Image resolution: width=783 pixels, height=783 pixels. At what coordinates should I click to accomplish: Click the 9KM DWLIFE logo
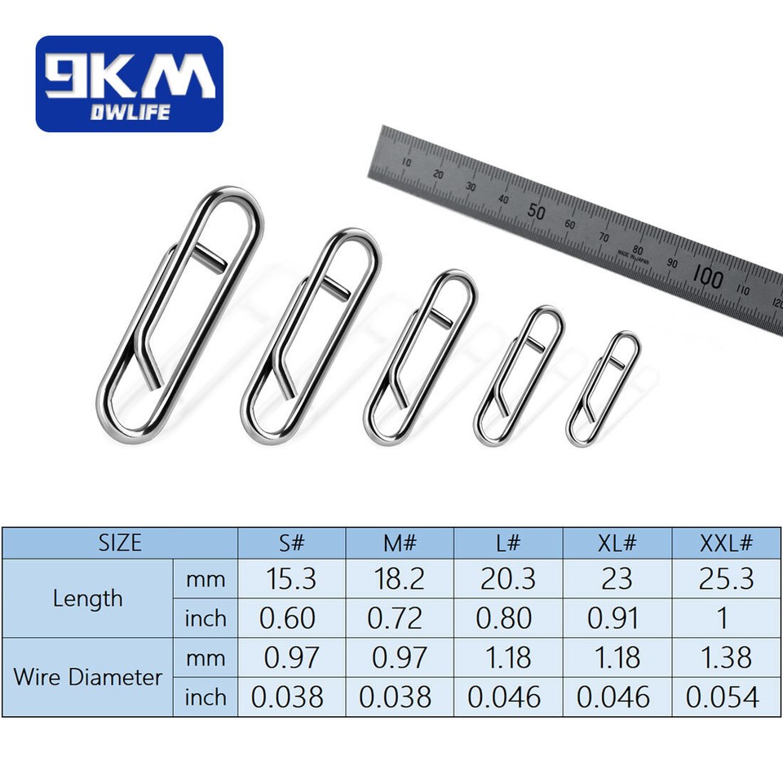(x=129, y=83)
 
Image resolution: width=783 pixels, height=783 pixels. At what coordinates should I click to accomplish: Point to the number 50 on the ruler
(x=535, y=210)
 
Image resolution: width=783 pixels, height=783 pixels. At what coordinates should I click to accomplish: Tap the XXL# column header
(x=726, y=542)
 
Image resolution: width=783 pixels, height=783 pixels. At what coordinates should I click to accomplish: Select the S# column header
(x=291, y=542)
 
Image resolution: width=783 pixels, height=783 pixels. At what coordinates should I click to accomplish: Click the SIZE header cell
(x=120, y=542)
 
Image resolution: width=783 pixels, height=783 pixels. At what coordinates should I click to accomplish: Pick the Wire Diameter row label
(x=87, y=677)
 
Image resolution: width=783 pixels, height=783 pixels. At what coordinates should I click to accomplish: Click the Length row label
(x=87, y=598)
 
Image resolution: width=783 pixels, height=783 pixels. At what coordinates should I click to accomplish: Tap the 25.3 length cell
(x=726, y=578)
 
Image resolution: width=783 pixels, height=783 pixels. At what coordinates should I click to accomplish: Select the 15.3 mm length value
(x=291, y=578)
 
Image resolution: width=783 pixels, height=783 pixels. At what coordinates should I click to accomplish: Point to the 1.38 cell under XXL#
(x=726, y=657)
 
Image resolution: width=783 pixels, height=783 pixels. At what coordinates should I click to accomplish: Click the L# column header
(x=507, y=542)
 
